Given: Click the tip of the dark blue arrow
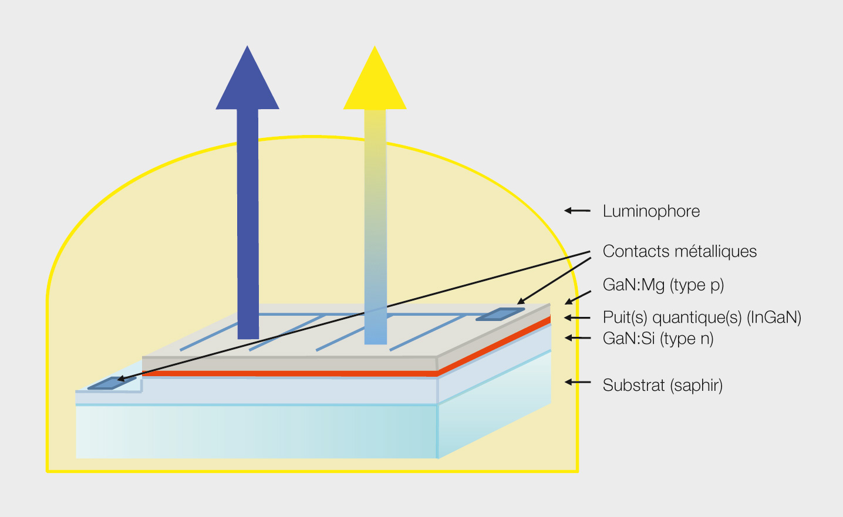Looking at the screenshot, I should click(247, 48).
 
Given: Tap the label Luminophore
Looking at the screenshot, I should click(651, 211).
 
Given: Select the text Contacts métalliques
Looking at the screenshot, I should click(679, 251).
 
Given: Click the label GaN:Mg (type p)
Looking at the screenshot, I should click(663, 285).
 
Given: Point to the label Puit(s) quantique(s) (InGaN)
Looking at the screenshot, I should click(702, 317).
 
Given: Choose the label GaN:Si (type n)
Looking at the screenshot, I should click(657, 339).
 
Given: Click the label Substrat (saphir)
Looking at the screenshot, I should click(662, 386).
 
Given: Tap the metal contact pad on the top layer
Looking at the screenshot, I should click(500, 315).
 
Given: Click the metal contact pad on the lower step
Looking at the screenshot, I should click(112, 383).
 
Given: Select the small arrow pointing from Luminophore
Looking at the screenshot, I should click(577, 210).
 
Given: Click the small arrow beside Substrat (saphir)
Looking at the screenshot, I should click(578, 382).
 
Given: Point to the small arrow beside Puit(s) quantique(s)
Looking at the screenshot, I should click(578, 318).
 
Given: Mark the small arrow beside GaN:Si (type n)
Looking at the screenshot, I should click(578, 338).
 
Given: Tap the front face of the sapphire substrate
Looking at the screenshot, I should click(257, 431).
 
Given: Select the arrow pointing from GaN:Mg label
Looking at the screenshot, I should click(578, 297).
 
